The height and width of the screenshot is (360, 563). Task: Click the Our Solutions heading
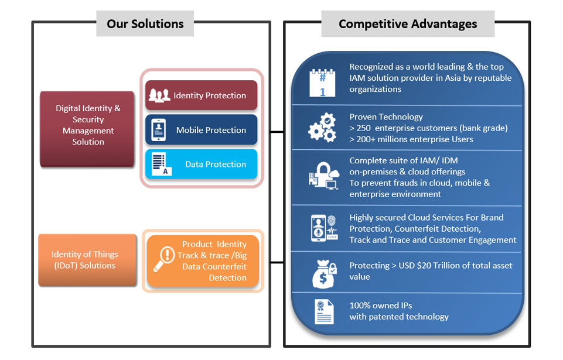point(145,24)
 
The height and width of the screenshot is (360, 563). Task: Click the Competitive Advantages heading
point(408,24)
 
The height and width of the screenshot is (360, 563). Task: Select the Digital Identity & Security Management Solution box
point(88,125)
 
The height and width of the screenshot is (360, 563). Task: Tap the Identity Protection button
point(201,95)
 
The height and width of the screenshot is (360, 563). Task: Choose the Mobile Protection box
point(201,130)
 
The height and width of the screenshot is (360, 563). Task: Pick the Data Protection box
point(201,164)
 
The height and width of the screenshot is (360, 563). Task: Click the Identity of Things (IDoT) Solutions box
point(87,260)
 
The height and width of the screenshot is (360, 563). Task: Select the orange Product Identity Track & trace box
point(203,261)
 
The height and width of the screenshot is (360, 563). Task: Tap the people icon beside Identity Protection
point(159,95)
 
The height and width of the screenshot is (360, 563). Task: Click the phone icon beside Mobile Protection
point(159,130)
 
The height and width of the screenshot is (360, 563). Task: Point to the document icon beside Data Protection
point(160,164)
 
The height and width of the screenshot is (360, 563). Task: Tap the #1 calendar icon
point(322,83)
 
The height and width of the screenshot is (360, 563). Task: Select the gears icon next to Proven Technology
point(322,128)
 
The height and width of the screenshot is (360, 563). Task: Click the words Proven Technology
point(386,117)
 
